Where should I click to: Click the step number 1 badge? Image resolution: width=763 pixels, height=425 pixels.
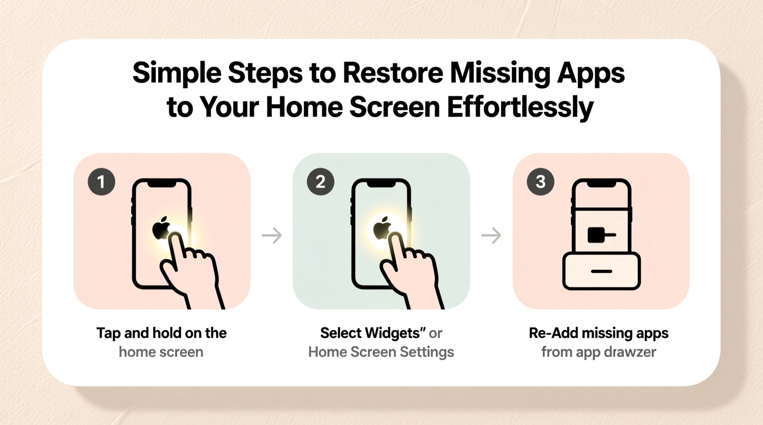point(101,182)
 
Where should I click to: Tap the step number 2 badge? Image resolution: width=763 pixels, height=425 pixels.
point(321,182)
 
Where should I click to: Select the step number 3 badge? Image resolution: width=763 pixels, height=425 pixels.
point(541,182)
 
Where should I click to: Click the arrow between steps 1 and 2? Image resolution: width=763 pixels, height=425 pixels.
point(272,235)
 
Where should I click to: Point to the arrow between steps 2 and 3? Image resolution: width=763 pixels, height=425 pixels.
point(491,235)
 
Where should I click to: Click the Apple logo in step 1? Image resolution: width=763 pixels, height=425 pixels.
point(161,228)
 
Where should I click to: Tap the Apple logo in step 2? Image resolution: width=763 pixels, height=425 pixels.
point(382,228)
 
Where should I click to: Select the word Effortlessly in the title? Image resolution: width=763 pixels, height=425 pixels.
point(520,107)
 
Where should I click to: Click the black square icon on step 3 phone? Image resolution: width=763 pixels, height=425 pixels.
point(596,235)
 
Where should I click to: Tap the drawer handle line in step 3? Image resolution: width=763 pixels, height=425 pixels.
point(602,272)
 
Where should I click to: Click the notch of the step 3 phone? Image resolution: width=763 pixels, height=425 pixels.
point(602,183)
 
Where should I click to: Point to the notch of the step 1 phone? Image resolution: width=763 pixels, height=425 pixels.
point(161,183)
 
